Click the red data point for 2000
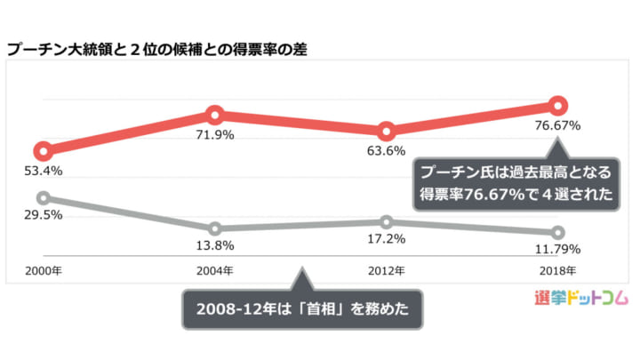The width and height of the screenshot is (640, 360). pos(43,151)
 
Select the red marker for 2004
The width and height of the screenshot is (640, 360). pos(214,114)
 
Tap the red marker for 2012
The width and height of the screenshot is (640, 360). pos(386,132)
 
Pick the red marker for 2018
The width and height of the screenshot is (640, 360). pos(558,106)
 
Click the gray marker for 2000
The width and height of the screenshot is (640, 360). pos(43,198)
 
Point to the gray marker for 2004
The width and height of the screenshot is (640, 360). pos(214,229)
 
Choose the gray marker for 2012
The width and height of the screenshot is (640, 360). pos(386,222)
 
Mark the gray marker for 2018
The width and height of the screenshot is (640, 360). pos(558,233)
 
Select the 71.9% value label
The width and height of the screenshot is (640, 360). pos(214,134)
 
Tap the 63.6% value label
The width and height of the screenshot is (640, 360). pos(386,150)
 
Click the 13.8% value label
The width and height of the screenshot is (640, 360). pos(214,245)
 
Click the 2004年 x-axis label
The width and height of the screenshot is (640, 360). pos(214,269)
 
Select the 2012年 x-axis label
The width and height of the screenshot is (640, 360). pos(386,269)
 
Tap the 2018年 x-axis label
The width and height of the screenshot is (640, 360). pos(558,269)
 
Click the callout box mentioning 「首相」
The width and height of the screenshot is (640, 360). pos(301,311)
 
